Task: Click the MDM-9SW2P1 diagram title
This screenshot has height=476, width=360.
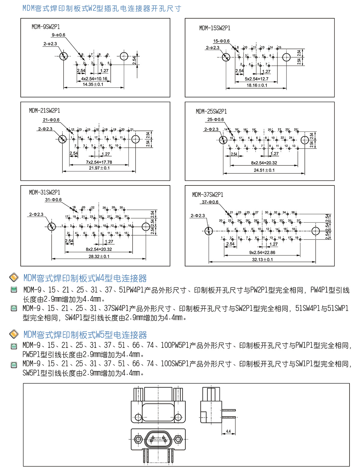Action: (46, 27)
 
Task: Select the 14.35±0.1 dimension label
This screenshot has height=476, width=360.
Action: (93, 85)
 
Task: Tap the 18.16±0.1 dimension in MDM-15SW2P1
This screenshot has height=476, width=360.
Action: (257, 85)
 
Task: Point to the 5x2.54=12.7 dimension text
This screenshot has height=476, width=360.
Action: (256, 79)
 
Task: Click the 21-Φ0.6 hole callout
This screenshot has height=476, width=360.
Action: (51, 120)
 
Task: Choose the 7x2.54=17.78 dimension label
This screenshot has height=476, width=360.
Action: (99, 162)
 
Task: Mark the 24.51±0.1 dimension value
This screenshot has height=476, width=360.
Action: (264, 170)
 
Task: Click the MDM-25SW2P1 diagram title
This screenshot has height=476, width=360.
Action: (211, 112)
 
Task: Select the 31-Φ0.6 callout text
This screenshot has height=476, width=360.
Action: (53, 200)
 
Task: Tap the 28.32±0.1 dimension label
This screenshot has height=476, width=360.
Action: (99, 256)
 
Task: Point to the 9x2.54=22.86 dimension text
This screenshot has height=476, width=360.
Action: (262, 253)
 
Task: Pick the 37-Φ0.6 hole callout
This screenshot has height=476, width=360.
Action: (210, 202)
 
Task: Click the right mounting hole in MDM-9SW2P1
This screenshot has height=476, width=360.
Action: (124, 56)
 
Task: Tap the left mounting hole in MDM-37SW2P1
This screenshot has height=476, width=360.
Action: (208, 231)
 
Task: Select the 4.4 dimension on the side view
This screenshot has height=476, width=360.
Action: (228, 431)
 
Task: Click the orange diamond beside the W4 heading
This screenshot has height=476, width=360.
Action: (14, 278)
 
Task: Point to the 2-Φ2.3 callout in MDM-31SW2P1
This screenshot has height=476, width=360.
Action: (36, 214)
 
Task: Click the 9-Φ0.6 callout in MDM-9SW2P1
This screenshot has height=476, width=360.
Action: (58, 35)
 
